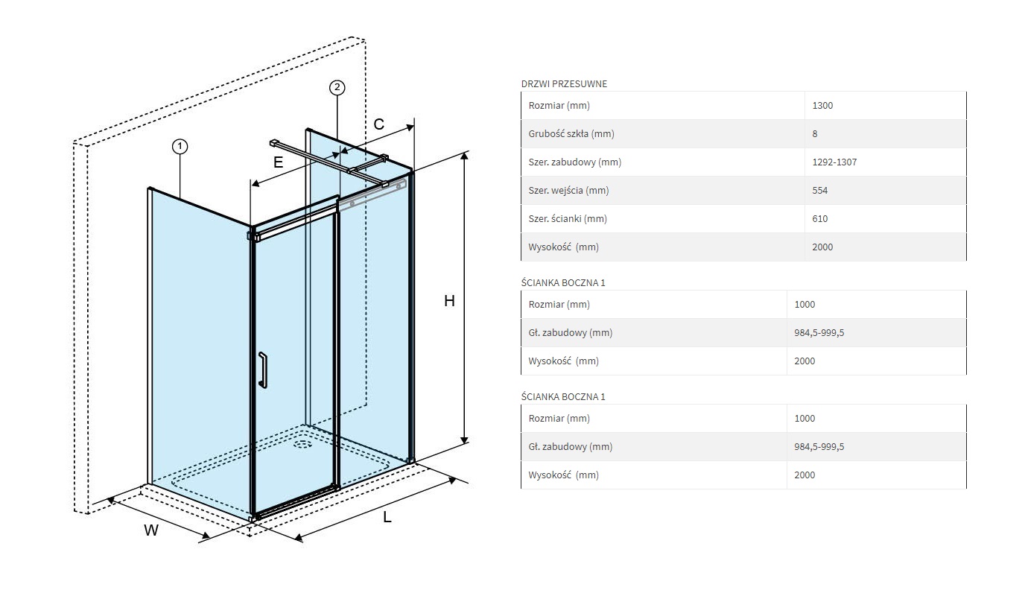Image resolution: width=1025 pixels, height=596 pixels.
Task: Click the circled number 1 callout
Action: (180, 147)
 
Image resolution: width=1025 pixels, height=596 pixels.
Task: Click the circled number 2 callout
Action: (337, 88)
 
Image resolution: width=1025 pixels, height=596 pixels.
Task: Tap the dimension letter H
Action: (449, 301)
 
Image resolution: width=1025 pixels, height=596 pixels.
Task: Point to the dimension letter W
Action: (151, 530)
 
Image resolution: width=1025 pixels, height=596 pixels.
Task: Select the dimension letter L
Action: (387, 517)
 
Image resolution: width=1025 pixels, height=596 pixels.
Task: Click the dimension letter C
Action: (379, 124)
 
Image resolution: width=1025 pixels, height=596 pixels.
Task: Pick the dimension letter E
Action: (278, 162)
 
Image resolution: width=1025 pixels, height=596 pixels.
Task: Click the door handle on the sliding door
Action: (262, 370)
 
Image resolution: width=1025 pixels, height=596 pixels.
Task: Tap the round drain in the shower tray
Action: (302, 445)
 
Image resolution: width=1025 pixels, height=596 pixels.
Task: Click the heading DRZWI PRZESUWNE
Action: (564, 84)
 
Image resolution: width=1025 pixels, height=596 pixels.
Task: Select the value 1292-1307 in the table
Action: (834, 162)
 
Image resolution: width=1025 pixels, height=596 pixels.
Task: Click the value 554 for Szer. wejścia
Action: (820, 190)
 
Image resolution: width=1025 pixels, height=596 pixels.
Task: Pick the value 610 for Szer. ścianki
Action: (820, 218)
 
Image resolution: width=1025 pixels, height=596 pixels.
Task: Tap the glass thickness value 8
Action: (815, 133)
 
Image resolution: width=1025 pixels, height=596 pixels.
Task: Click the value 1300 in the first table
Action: (822, 105)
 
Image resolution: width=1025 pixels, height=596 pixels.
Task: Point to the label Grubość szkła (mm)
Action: (571, 133)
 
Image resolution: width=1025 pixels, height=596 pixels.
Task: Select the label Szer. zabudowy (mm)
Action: (574, 162)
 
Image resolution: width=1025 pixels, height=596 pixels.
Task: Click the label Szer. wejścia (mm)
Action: (568, 190)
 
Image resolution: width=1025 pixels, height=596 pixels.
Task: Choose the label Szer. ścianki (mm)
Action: (568, 218)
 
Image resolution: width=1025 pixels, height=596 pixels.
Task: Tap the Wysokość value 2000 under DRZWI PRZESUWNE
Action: (822, 247)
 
